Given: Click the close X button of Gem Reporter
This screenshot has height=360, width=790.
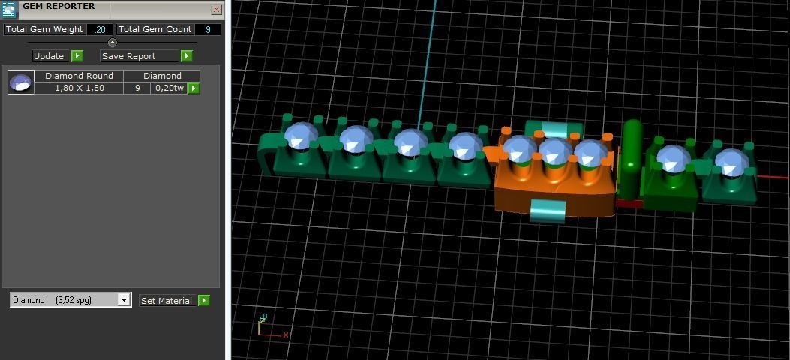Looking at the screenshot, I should [x=216, y=10].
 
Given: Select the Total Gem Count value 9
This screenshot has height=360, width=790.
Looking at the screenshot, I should [x=207, y=29].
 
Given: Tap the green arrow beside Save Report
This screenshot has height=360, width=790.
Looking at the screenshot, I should [x=187, y=56].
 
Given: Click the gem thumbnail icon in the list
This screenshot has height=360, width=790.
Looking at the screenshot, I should [x=21, y=82].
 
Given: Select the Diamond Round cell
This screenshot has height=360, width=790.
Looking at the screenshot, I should [x=79, y=76].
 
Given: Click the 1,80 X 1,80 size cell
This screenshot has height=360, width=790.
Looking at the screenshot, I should [x=79, y=88].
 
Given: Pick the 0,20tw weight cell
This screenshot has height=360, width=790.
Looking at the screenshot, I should [x=168, y=88].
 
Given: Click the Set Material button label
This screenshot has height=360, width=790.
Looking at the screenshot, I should [x=167, y=301].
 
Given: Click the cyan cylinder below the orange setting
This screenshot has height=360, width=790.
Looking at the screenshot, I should [x=548, y=211].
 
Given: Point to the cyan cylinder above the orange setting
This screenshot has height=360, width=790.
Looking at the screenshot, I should [x=554, y=129].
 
